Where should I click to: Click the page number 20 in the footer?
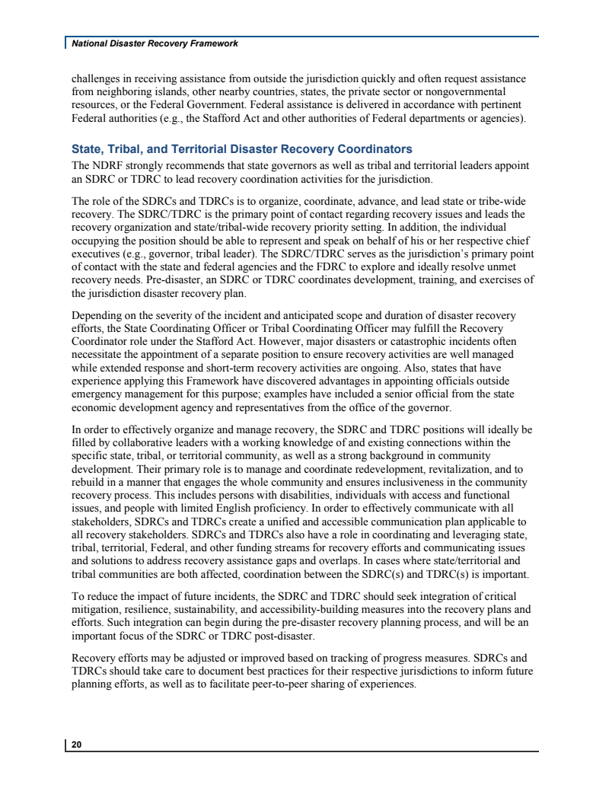pos(77,745)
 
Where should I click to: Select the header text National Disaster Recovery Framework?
pos(155,43)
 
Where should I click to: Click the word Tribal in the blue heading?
pos(129,149)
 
